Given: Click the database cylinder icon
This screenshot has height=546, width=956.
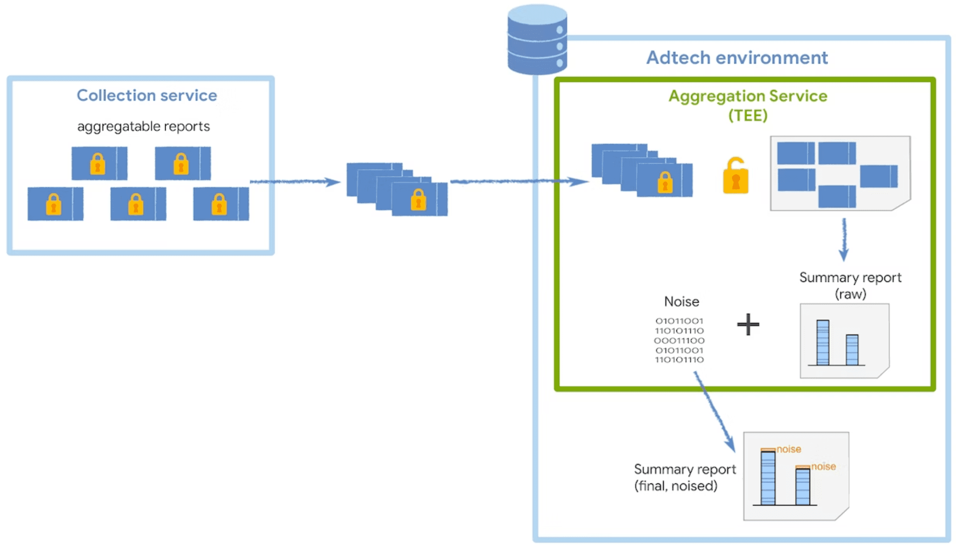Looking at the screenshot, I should tap(537, 40).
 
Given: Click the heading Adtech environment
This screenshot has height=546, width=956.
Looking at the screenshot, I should tap(737, 57).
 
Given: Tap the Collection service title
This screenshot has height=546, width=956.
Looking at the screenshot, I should tap(147, 96).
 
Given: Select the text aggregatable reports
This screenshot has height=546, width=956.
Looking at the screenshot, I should tap(143, 126).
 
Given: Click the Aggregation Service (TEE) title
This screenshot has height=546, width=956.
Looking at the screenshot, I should tap(748, 105).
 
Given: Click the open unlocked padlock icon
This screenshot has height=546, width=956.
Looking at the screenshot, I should tap(735, 176).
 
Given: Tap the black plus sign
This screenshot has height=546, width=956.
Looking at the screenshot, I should tap(748, 324).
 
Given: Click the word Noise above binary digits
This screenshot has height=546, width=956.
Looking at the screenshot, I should tap(681, 301).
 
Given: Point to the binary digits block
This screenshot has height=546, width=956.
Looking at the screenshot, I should tap(679, 340).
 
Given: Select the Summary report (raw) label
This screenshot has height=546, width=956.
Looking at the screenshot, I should tap(850, 285).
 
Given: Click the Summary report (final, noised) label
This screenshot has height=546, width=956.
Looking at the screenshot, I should tap(685, 477).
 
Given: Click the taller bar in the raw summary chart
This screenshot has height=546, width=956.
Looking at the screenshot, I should tap(823, 342).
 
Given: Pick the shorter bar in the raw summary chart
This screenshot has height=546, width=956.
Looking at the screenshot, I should tap(852, 349).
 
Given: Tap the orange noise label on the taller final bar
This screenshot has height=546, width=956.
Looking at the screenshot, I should tap(789, 449).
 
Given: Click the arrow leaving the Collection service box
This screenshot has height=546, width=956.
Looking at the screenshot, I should tap(295, 182).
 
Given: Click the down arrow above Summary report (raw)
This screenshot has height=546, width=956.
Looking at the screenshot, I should tap(844, 239).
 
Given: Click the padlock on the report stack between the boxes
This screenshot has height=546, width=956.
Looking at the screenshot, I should tap(418, 200).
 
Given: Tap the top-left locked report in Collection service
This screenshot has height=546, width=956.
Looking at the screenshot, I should tap(99, 163).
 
